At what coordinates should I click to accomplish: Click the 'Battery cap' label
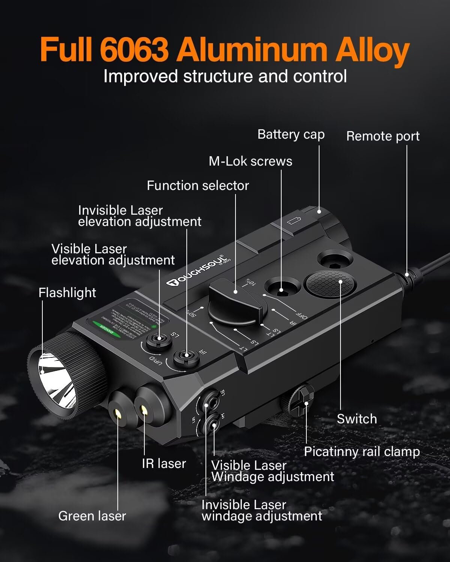tap(291, 135)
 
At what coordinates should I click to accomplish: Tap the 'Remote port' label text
tap(382, 136)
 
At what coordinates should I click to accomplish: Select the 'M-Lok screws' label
tap(250, 161)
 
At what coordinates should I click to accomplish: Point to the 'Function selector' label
tap(198, 186)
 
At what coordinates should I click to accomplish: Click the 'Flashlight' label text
tap(67, 293)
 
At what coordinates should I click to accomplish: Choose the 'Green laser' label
tap(92, 516)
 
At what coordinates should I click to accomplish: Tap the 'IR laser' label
tap(163, 464)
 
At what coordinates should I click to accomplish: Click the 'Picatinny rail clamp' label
tap(361, 452)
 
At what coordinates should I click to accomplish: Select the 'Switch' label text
tap(357, 419)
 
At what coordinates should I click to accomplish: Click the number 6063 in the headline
tap(134, 50)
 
